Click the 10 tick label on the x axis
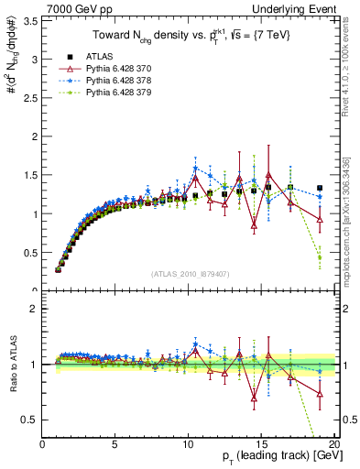point(188,444)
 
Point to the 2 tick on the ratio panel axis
point(34,309)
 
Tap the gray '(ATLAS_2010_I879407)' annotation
point(190,273)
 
